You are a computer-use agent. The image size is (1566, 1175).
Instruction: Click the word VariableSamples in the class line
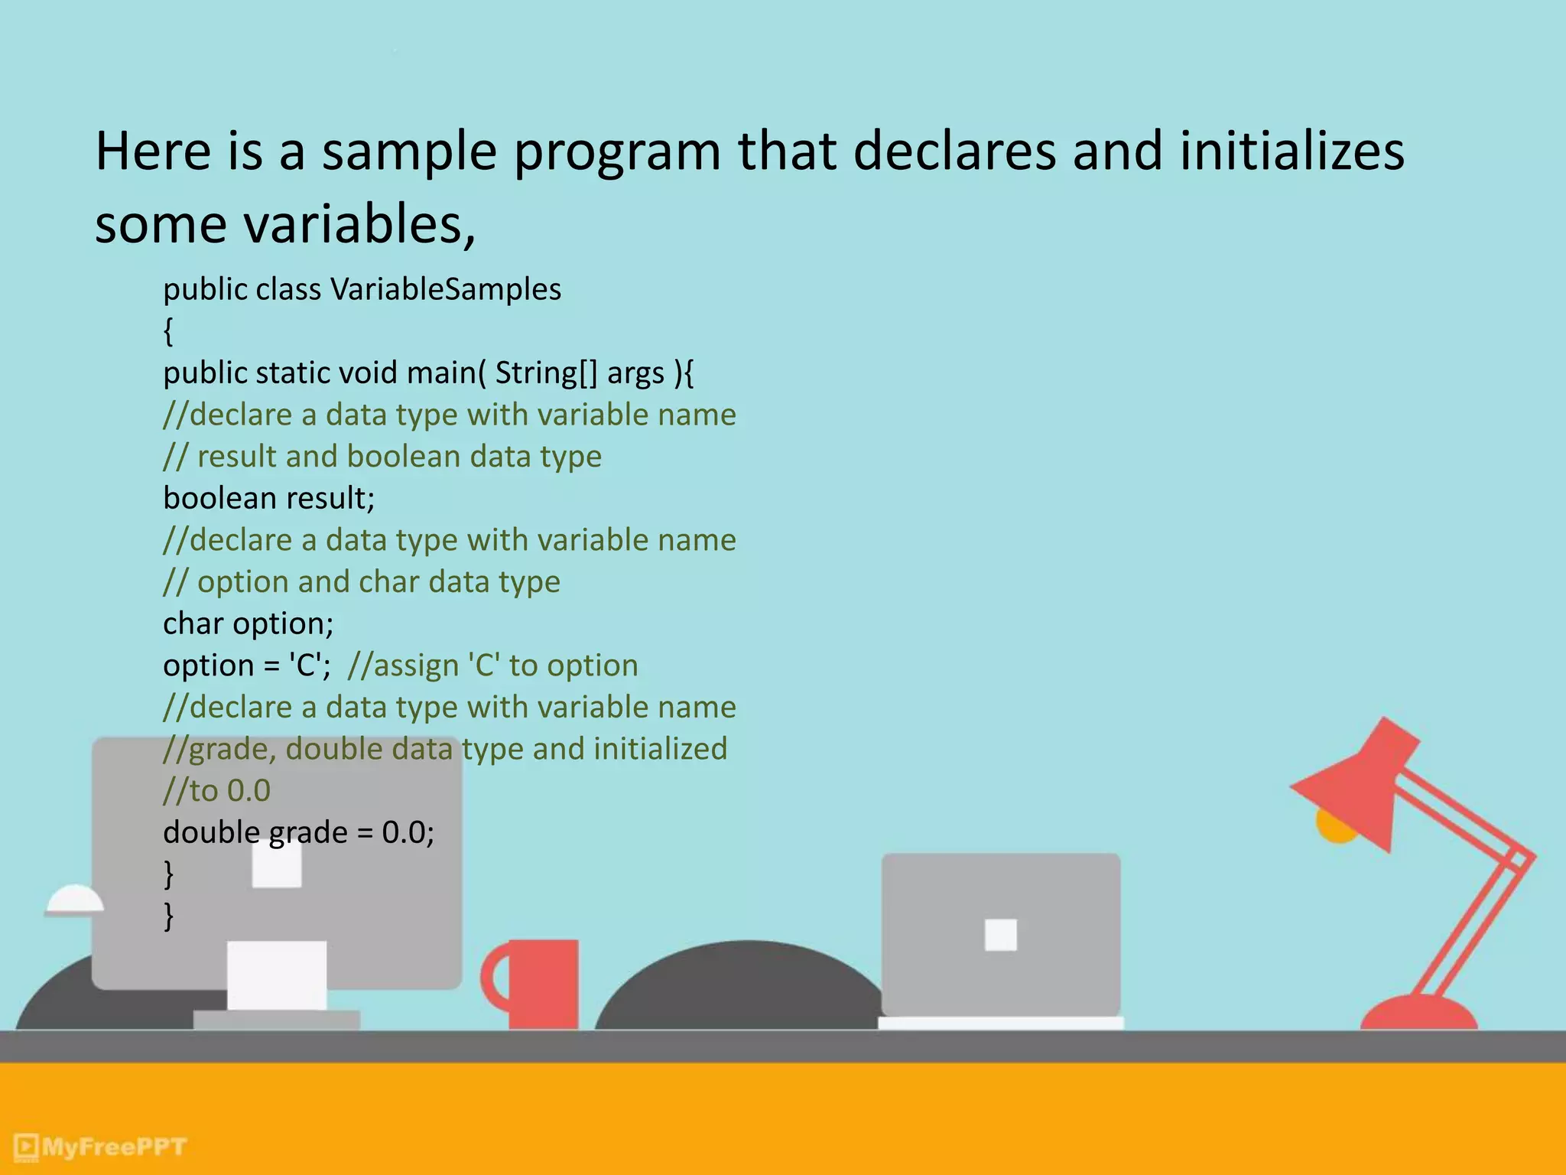point(446,289)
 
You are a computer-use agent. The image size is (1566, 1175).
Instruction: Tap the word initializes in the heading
point(1291,151)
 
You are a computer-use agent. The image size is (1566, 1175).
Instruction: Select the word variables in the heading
point(353,225)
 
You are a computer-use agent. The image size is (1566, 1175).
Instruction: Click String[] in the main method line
point(545,373)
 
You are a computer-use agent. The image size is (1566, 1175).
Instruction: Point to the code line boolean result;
point(268,498)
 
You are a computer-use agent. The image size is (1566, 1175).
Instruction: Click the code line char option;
point(248,623)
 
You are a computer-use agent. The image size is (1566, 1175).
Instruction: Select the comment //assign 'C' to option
point(492,666)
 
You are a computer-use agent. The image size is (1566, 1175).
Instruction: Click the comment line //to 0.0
point(217,790)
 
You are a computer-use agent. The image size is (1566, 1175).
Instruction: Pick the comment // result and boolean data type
point(382,457)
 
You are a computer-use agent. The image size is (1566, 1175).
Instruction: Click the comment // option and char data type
point(362,582)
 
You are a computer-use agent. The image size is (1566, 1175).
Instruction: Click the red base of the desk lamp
point(1418,1014)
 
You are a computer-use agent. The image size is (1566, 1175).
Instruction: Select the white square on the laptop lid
point(1000,935)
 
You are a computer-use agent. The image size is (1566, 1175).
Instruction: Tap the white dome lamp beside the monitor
point(74,900)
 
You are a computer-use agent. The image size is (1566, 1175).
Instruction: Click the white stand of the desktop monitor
point(276,975)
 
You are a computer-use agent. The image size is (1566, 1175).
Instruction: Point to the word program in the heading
point(616,151)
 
